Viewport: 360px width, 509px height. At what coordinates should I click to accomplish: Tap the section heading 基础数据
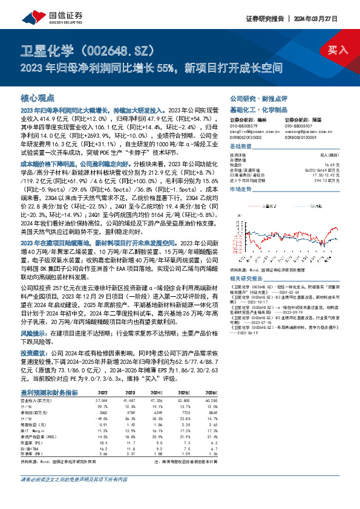click(x=241, y=148)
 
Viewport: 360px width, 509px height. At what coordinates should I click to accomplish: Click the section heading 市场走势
click(x=241, y=189)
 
